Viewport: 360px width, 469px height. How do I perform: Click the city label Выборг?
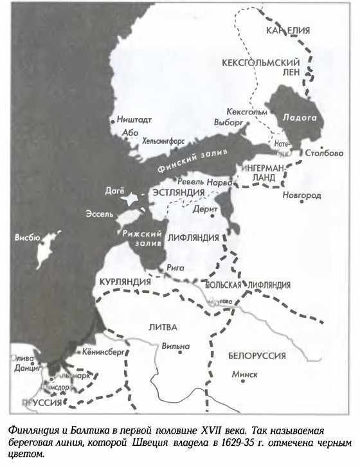[x=226, y=121]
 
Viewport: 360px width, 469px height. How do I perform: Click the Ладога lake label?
[x=296, y=118]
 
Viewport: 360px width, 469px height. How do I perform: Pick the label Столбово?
[x=325, y=153]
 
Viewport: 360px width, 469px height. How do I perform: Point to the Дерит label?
[x=203, y=209]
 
